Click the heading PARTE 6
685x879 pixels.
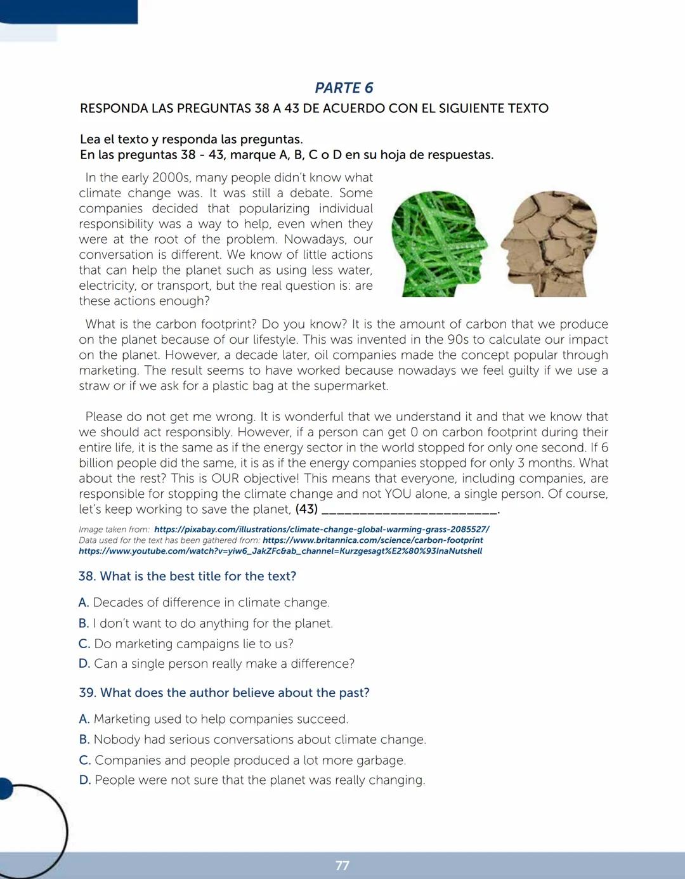tap(344, 88)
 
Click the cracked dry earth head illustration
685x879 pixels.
tap(549, 244)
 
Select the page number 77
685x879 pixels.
tap(342, 866)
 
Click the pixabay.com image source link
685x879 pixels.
tap(322, 529)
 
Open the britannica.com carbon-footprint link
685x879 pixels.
tap(373, 540)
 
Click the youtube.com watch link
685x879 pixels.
tap(280, 551)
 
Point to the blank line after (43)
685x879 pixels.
tap(410, 510)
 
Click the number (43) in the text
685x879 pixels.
tap(306, 509)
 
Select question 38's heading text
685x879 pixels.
tap(188, 576)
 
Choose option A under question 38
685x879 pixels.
tap(204, 602)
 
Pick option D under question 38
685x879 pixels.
tap(217, 664)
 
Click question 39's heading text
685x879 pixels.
tap(225, 693)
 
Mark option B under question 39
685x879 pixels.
tap(252, 739)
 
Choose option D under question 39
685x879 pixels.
tap(252, 780)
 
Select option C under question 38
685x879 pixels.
tap(186, 644)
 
